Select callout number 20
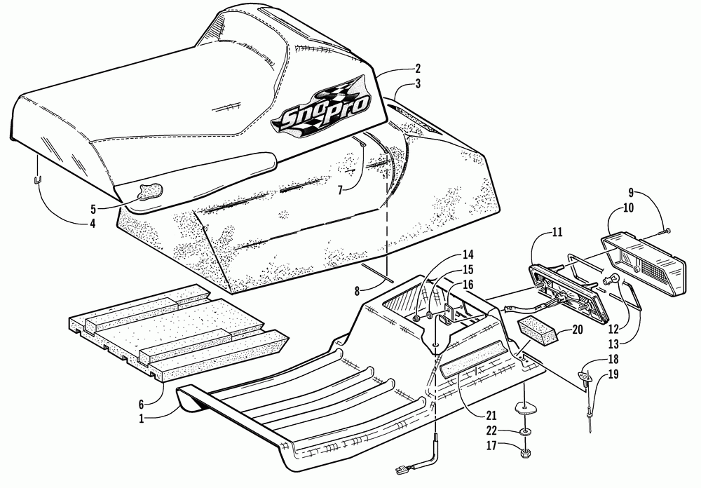pyautogui.click(x=577, y=328)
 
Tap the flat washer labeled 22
pyautogui.click(x=524, y=431)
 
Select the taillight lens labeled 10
pyautogui.click(x=645, y=252)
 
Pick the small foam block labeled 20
pyautogui.click(x=538, y=330)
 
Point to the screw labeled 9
pyautogui.click(x=666, y=230)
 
